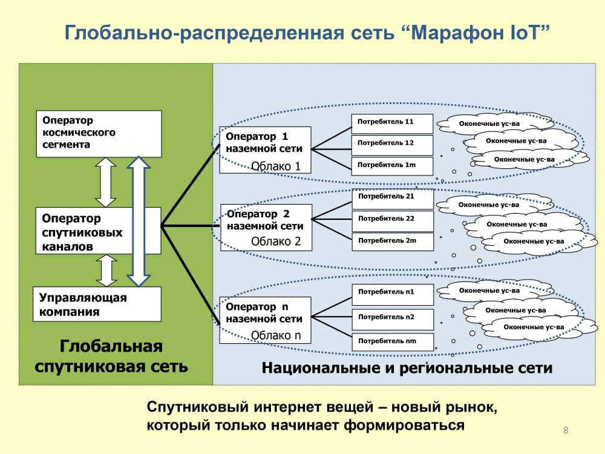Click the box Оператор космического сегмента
99,134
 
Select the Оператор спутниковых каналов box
98,231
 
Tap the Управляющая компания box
97,304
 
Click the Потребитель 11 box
392,123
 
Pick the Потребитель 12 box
392,145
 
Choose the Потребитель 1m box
392,166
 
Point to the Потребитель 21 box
393,199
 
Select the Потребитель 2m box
393,242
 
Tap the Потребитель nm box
393,342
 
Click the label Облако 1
276,166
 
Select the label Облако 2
276,242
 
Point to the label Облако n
276,335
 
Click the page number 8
566,430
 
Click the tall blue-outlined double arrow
139,221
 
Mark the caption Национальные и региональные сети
407,368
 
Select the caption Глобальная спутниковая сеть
111,357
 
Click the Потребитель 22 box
393,221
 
